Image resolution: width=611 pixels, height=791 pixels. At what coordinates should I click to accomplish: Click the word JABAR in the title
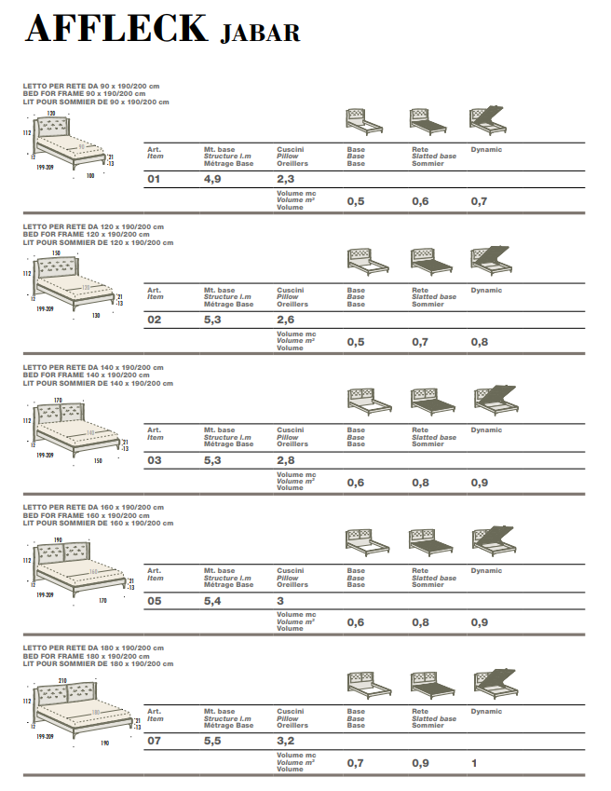pos(261,34)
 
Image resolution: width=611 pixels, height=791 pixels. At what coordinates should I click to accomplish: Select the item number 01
pos(155,179)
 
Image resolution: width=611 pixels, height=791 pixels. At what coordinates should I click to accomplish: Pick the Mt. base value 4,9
pos(212,179)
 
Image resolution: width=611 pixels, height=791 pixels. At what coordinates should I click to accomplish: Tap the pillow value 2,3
pos(286,179)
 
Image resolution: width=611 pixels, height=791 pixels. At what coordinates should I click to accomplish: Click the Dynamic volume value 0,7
pos(479,201)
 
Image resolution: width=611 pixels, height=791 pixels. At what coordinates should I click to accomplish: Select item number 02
pos(155,320)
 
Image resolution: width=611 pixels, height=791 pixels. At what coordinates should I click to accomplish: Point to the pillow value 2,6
pos(286,320)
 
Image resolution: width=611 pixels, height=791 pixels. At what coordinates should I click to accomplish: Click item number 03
pos(155,460)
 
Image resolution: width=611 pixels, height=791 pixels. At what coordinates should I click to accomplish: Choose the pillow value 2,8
pos(286,460)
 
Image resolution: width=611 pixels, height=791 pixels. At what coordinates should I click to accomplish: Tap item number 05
pos(155,601)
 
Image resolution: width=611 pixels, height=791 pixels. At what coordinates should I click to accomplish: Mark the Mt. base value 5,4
pos(212,601)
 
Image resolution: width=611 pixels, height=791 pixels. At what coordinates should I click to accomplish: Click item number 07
pos(155,742)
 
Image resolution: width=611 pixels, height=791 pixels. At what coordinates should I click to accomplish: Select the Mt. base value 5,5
pos(212,742)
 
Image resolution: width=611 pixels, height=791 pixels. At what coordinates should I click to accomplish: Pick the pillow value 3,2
pos(286,742)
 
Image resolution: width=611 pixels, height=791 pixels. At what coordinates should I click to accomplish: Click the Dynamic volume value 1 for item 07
pos(473,764)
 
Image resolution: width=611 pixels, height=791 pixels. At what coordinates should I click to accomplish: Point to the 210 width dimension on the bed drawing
pos(62,681)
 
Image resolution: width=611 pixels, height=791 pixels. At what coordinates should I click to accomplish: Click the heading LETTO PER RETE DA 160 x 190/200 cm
pos(93,507)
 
